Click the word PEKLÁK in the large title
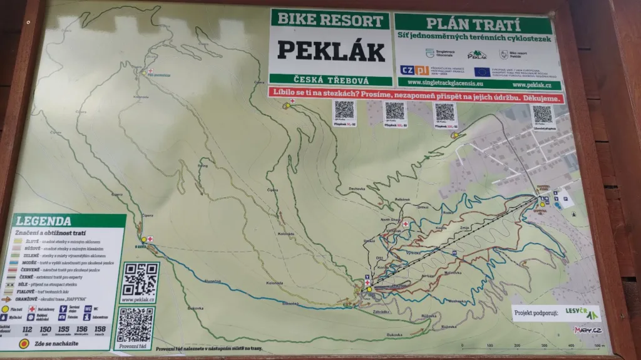[331, 51]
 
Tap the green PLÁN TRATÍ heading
[473, 25]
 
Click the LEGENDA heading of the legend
[44, 221]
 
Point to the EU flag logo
[481, 71]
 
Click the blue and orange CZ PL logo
[414, 70]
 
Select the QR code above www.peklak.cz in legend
[138, 279]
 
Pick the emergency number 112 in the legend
[26, 329]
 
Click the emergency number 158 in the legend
[100, 329]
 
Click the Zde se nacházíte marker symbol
[24, 343]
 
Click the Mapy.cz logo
[587, 329]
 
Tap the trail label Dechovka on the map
[357, 189]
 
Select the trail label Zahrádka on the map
[381, 311]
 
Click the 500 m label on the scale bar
[600, 345]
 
